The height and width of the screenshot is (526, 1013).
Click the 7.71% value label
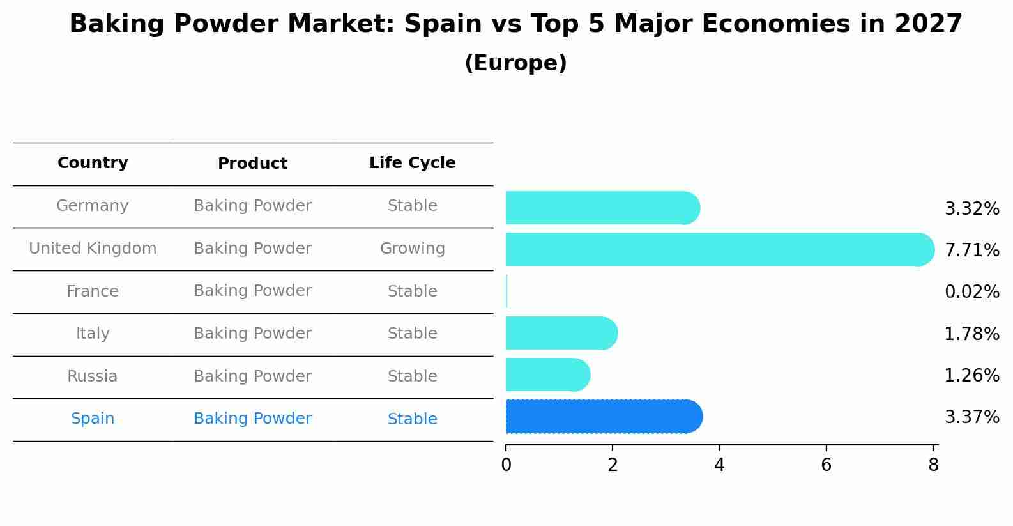click(x=971, y=250)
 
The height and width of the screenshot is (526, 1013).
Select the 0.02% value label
click(x=971, y=292)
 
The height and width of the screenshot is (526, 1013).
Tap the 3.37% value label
click(x=971, y=417)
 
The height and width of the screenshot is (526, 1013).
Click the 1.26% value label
click(x=971, y=375)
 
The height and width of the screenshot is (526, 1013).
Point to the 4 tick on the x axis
click(x=719, y=465)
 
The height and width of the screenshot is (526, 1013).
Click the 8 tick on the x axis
click(x=933, y=465)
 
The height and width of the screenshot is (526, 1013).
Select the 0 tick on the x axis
click(x=506, y=465)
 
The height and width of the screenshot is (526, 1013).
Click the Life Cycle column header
click(x=412, y=163)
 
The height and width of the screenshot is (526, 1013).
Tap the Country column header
click(x=93, y=163)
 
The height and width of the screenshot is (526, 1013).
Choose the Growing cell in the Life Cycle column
click(x=412, y=249)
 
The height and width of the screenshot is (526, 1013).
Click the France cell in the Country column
click(x=93, y=291)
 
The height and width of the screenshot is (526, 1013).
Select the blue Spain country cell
click(x=93, y=419)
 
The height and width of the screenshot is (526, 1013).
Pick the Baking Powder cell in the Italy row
click(x=252, y=334)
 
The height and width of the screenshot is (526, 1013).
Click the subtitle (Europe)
click(x=515, y=63)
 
